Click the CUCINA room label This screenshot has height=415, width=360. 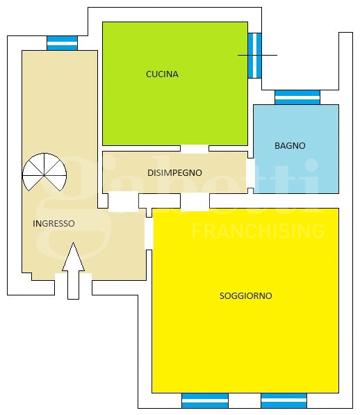coord(162,74)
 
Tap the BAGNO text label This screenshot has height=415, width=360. coord(290,145)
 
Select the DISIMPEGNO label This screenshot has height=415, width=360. coord(174,173)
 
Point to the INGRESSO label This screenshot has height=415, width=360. coord(54,224)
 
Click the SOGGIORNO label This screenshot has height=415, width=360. coord(246,295)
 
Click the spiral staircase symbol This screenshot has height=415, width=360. coord(44,172)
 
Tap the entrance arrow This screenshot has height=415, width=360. coord(73,270)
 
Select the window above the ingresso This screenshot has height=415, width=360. coord(62,43)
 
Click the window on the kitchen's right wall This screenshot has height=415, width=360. coord(255,56)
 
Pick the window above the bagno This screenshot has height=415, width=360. coord(297,97)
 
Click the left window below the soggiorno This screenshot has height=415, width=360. coord(205,400)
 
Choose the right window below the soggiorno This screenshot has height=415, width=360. coord(284,400)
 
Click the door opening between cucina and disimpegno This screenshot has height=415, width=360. coord(195,149)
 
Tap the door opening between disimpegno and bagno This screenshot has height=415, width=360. coord(250,173)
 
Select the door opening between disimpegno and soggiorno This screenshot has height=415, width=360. coord(195,202)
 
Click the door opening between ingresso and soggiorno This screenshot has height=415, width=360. coord(149,234)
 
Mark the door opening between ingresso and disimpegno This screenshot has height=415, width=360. coord(124,202)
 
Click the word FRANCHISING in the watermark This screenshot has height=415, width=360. coord(258,231)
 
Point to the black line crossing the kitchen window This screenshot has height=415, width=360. coord(257,56)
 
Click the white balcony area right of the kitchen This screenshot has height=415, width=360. coord(300,61)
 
